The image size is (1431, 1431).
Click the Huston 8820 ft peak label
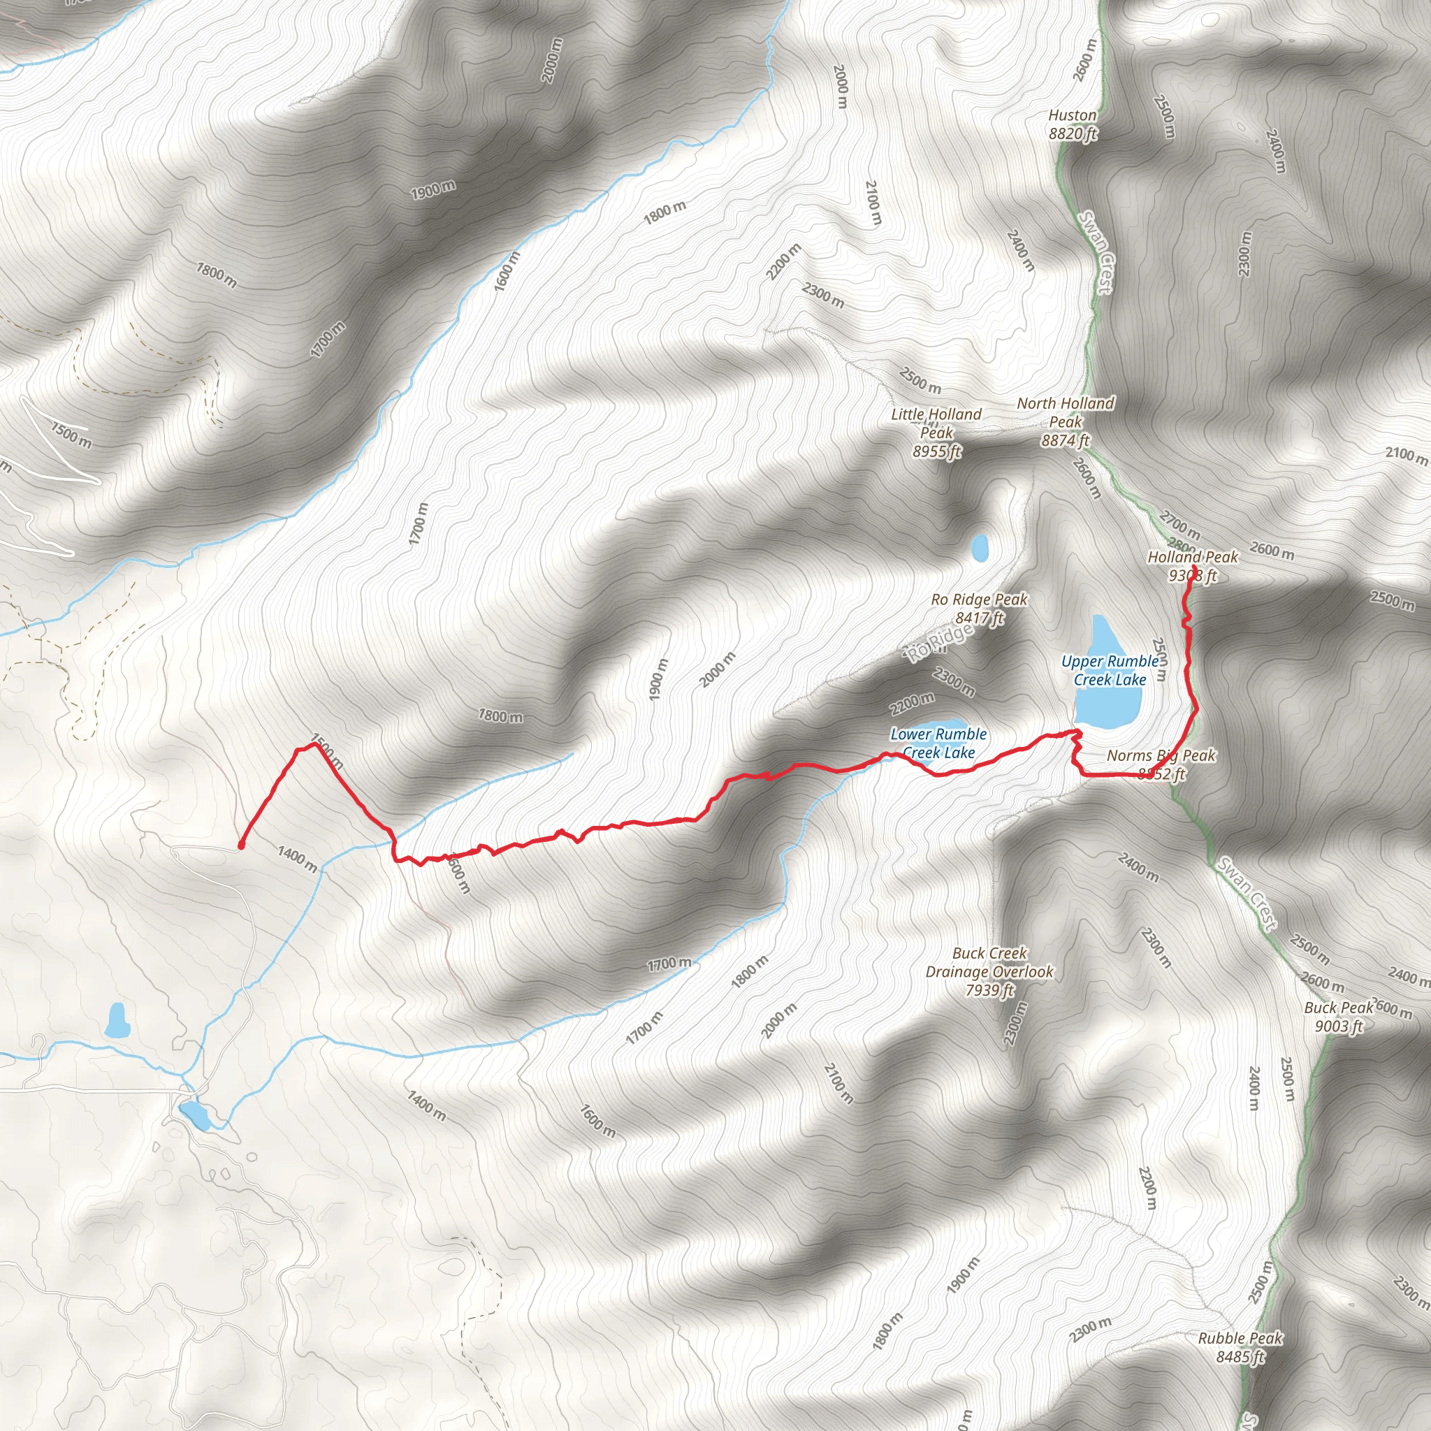click(1073, 124)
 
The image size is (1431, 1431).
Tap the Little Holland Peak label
click(936, 433)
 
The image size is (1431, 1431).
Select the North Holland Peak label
click(1065, 421)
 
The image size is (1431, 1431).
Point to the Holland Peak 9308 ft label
click(1193, 566)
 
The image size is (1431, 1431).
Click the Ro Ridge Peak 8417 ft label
click(979, 608)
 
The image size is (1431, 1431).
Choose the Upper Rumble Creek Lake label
click(1110, 670)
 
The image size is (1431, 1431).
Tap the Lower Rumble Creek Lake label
click(938, 743)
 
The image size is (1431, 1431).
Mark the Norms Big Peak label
click(1161, 764)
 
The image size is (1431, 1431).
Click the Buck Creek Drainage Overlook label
click(989, 971)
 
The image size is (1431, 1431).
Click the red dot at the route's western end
click(242, 844)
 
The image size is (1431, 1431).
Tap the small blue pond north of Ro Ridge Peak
click(980, 548)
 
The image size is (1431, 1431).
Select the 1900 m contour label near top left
click(433, 189)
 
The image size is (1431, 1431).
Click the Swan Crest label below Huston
click(1096, 252)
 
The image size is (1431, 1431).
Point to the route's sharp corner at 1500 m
click(317, 744)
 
